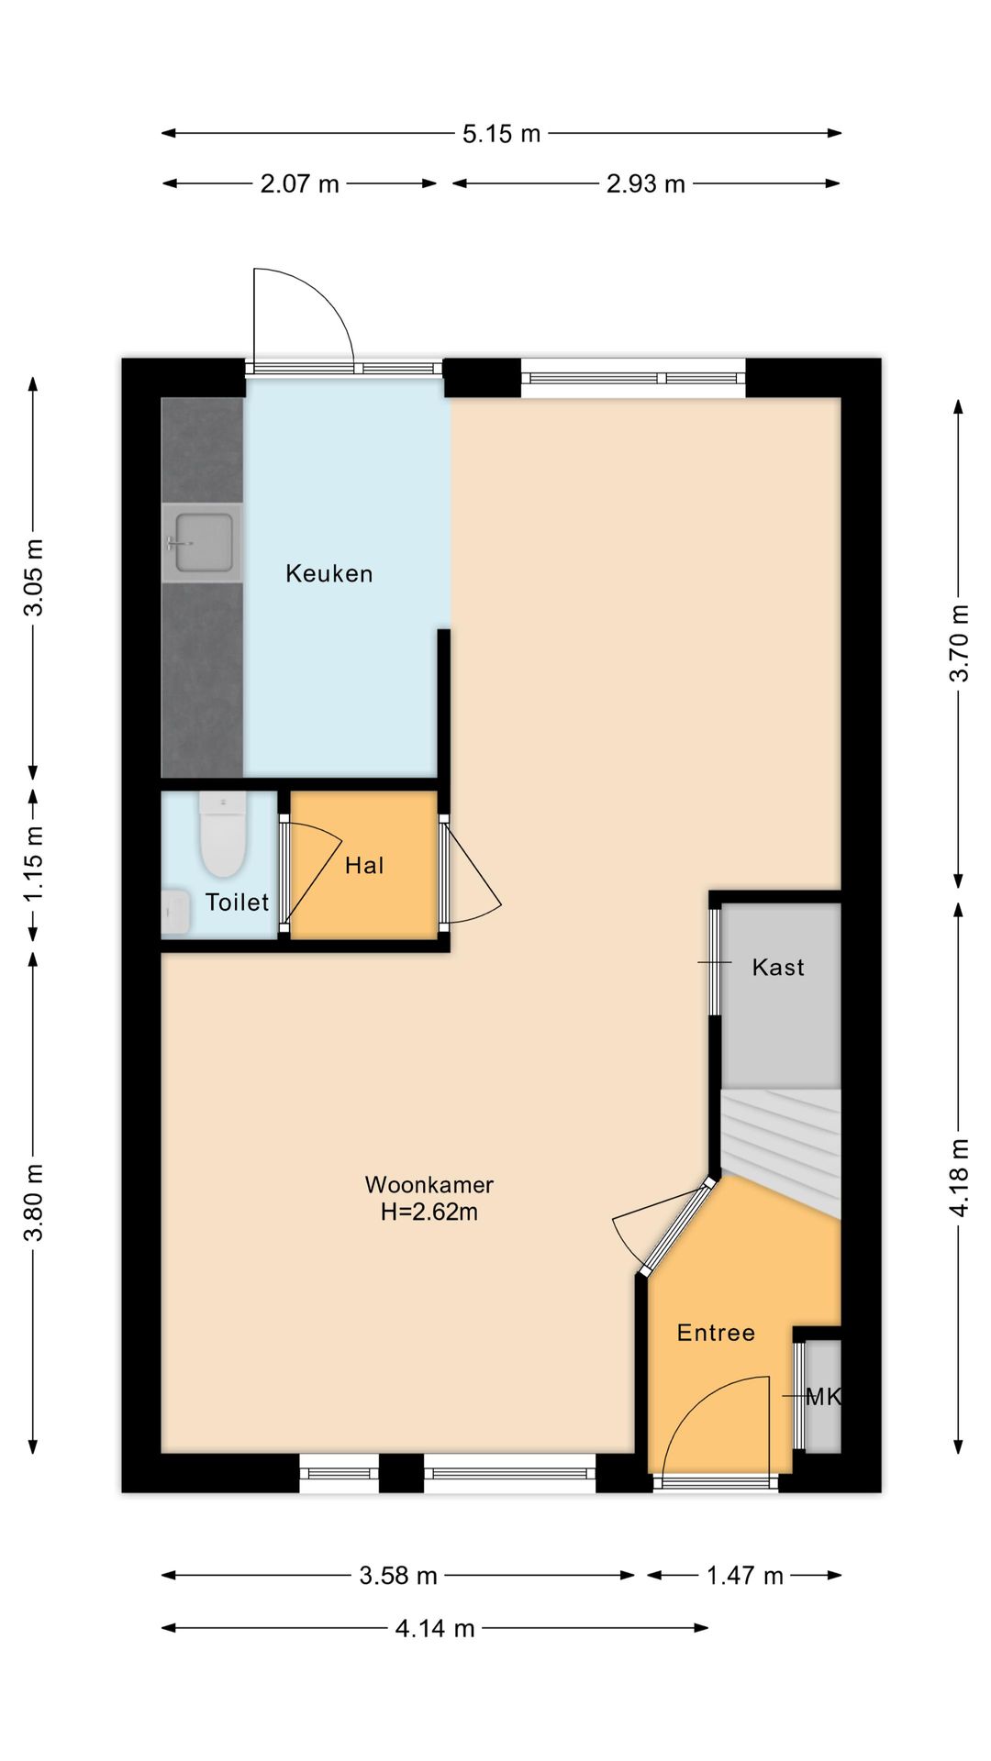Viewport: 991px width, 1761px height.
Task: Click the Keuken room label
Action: (x=328, y=574)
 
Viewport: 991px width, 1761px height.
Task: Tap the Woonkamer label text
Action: (x=429, y=1185)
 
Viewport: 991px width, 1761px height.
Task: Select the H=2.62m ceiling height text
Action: (x=429, y=1212)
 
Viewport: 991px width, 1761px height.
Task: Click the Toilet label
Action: (x=237, y=903)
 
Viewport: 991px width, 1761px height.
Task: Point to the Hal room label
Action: (x=364, y=866)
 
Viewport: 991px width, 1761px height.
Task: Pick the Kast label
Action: (x=778, y=968)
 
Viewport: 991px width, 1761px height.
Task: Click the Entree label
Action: (x=716, y=1333)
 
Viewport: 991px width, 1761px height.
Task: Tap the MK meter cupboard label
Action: (x=823, y=1397)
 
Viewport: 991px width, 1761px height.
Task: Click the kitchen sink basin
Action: (x=202, y=542)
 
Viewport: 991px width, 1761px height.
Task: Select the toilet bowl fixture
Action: (x=223, y=835)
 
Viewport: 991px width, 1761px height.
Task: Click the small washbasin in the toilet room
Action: (x=175, y=913)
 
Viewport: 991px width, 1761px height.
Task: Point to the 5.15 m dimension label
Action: (x=501, y=134)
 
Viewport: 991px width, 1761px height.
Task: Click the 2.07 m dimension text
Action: (x=299, y=184)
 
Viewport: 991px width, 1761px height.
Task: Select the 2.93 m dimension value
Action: (x=645, y=184)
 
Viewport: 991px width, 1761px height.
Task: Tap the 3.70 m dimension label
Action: (x=959, y=643)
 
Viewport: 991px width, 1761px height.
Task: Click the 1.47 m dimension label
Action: (x=744, y=1576)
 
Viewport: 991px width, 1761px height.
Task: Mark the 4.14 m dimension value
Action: (x=434, y=1628)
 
